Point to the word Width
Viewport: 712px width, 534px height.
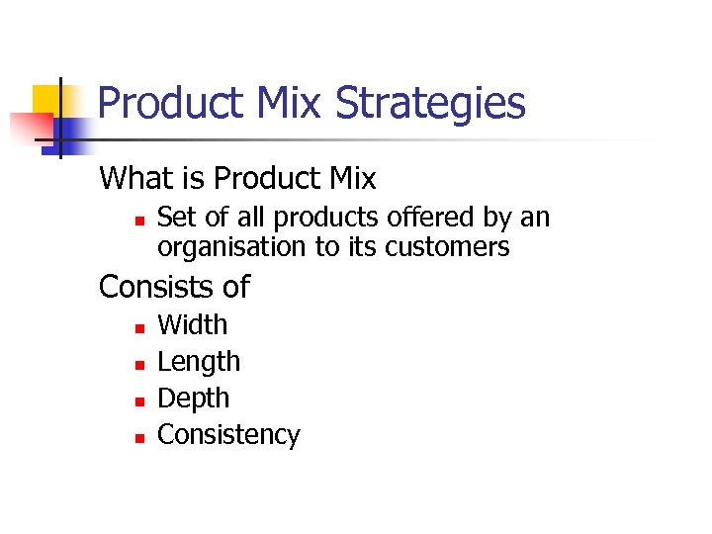pyautogui.click(x=193, y=325)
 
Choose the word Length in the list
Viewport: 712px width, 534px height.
pyautogui.click(x=199, y=362)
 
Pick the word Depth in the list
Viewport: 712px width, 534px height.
pyautogui.click(x=194, y=399)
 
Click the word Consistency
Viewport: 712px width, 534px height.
pyautogui.click(x=228, y=435)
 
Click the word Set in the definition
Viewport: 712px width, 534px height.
pyautogui.click(x=177, y=218)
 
